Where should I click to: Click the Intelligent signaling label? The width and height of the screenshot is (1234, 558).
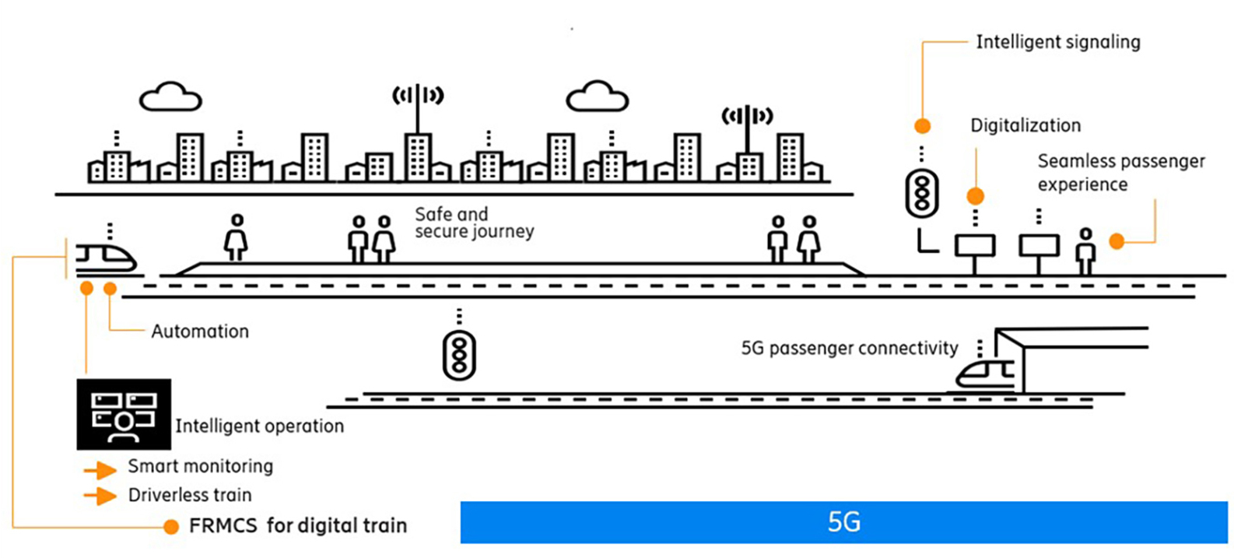[x=1057, y=42]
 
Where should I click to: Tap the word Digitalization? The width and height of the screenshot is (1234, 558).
[x=1025, y=125]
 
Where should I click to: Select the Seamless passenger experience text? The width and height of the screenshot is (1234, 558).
[x=1120, y=173]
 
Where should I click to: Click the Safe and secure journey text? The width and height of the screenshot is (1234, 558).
[x=474, y=223]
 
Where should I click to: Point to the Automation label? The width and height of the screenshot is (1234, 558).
[x=200, y=332]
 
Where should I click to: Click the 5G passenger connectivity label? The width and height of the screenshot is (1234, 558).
[x=850, y=348]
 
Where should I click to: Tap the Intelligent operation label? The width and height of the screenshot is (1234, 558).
[x=259, y=426]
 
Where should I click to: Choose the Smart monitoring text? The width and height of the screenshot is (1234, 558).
[x=201, y=466]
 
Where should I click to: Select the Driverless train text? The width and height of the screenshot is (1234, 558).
[x=190, y=495]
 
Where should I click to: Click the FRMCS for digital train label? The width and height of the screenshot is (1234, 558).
[x=298, y=526]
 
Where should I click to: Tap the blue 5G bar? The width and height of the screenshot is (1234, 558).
[x=843, y=522]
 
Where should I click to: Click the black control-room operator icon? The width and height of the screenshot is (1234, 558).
[x=124, y=414]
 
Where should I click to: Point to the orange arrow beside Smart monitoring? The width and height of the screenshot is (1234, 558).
[x=100, y=470]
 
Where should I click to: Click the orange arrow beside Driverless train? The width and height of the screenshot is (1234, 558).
[x=100, y=496]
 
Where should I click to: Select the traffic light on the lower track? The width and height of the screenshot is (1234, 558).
[x=459, y=356]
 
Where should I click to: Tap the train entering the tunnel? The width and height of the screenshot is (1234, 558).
[x=986, y=373]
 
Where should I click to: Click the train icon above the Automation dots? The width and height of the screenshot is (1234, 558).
[x=107, y=258]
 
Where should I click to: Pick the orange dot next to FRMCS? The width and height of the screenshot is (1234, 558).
[x=171, y=527]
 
